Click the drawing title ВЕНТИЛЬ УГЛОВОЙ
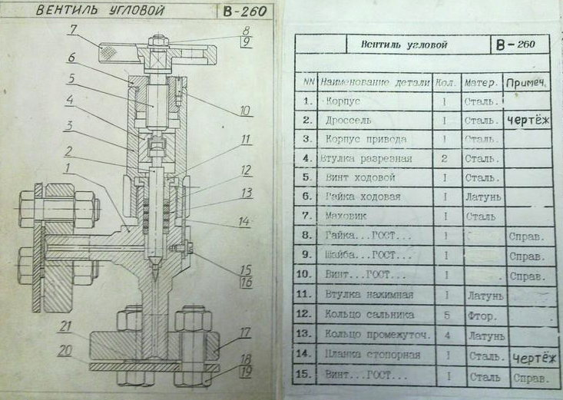pos(101,11)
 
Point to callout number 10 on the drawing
pos(246,111)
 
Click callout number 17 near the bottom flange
pos(245,333)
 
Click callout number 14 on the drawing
pos(245,222)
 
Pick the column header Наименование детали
pos(376,81)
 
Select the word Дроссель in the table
pos(349,120)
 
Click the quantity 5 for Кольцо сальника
pos(445,314)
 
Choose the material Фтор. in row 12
pos(477,315)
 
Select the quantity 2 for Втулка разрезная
pos(445,158)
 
